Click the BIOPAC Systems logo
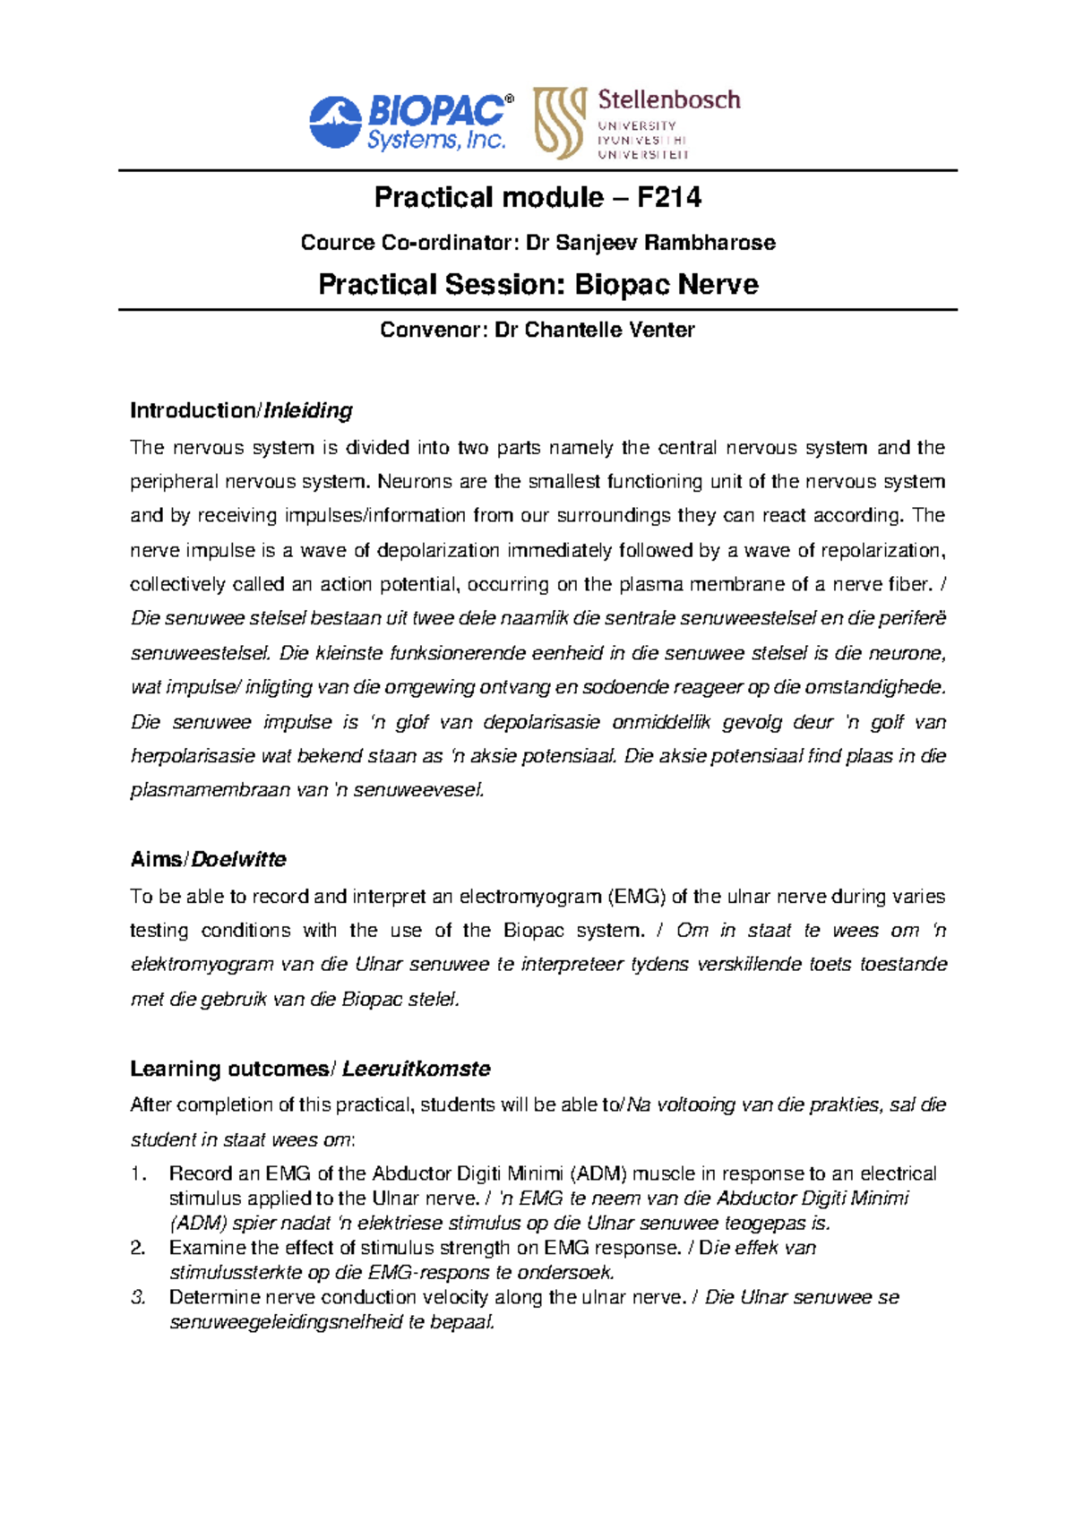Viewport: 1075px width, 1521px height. click(411, 123)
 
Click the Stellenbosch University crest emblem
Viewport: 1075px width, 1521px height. click(559, 123)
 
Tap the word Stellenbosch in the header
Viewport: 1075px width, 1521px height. click(669, 99)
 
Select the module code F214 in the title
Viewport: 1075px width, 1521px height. click(669, 197)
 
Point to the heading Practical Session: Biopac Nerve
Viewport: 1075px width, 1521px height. click(537, 285)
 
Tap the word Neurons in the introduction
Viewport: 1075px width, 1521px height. click(409, 482)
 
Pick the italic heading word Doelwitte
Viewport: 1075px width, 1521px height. click(239, 859)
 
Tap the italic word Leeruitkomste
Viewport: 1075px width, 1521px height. click(417, 1069)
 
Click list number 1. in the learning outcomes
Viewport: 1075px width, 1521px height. click(137, 1173)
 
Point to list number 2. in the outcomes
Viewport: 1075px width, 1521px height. click(137, 1248)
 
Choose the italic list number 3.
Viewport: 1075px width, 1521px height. click(137, 1297)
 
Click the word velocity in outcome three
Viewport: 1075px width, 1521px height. click(453, 1297)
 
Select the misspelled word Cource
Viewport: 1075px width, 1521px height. click(338, 243)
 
